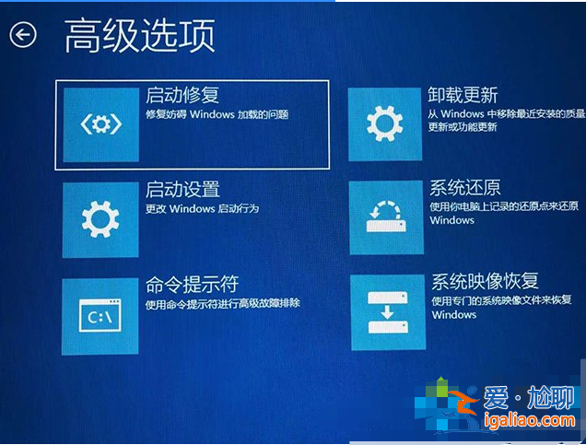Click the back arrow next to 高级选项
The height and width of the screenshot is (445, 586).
point(23,35)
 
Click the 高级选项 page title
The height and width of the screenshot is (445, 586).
point(139,35)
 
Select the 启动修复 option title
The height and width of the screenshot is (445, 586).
point(182,95)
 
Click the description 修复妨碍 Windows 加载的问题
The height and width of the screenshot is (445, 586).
point(217,115)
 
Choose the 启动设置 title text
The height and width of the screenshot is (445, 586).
point(182,190)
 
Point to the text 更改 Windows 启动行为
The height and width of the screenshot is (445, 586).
point(202,209)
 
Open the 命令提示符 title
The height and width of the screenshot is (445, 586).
point(192,284)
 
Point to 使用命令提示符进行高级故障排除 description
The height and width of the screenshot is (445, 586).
point(223,303)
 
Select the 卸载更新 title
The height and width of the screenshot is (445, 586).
point(463,95)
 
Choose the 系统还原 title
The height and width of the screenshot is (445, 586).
point(464,188)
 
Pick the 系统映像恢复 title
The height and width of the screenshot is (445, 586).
point(485,281)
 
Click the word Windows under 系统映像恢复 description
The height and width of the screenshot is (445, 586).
point(453,315)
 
